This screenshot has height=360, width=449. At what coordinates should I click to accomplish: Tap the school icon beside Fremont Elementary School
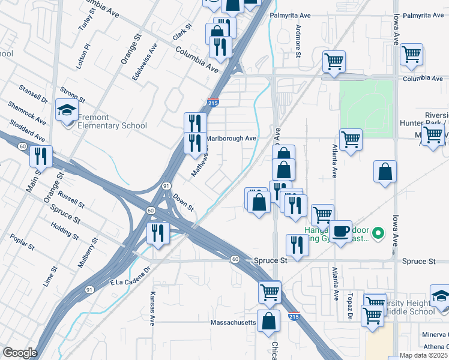click(67, 109)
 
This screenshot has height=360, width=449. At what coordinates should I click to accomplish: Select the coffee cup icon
click(341, 230)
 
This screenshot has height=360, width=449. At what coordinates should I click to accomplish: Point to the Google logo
click(20, 353)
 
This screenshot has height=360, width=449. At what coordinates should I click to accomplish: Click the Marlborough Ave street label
click(232, 138)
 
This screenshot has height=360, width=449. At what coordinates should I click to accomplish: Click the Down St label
click(183, 202)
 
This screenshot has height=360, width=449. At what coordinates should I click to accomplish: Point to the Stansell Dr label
click(32, 98)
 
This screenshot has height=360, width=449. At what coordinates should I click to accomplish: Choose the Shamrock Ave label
click(27, 113)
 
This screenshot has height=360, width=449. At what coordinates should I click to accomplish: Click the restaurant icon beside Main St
click(41, 156)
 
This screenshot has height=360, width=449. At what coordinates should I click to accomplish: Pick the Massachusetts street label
click(234, 322)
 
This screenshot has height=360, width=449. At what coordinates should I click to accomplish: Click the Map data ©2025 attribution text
click(424, 355)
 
